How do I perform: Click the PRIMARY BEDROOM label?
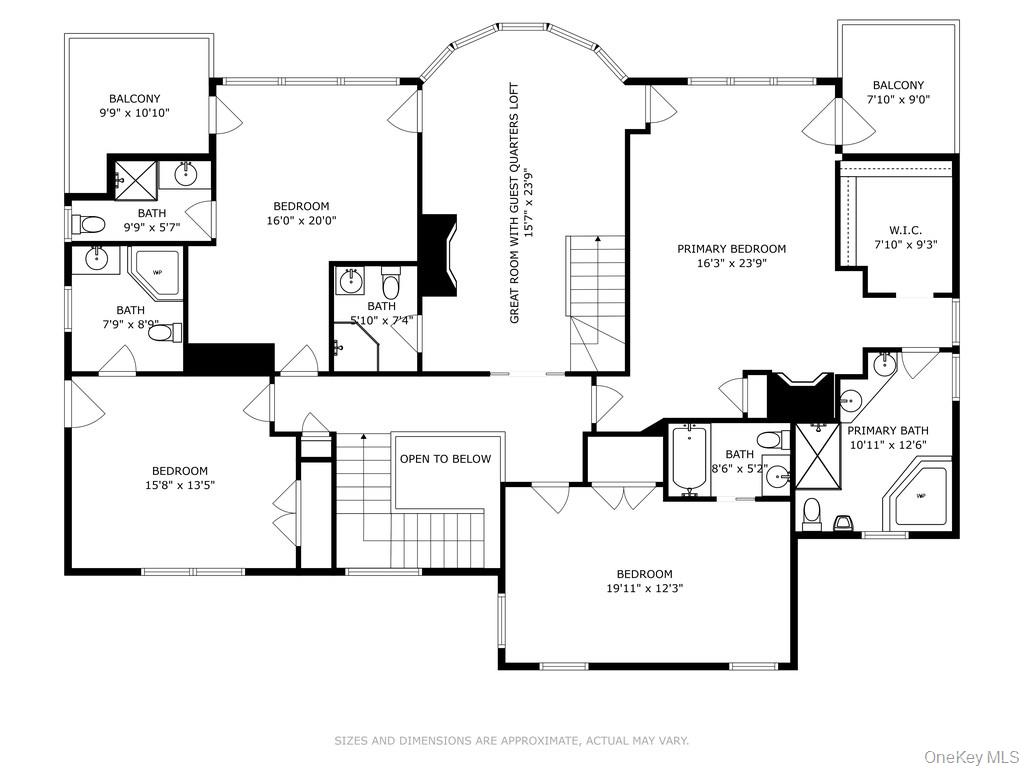[731, 249]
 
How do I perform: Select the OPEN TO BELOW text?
[445, 459]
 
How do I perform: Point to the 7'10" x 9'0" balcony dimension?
[897, 100]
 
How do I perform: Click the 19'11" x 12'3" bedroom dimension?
[644, 589]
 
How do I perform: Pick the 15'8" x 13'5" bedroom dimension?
[179, 486]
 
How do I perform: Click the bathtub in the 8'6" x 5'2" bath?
[688, 459]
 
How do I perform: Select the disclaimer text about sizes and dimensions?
[511, 741]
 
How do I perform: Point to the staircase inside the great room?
[596, 300]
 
